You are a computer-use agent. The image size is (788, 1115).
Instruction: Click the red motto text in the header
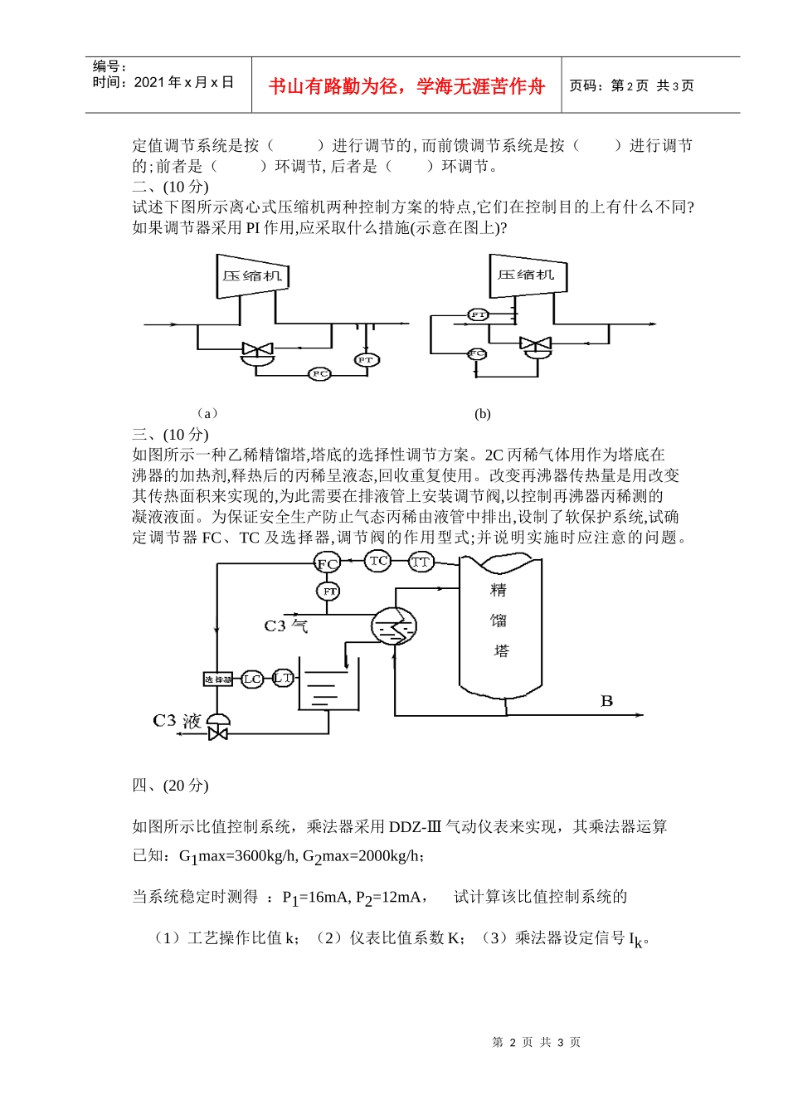(x=406, y=86)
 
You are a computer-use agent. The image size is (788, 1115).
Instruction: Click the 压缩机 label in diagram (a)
(x=252, y=275)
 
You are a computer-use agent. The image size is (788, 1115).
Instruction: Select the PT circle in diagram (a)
(x=366, y=359)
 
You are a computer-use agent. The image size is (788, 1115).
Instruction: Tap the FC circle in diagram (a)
(x=319, y=374)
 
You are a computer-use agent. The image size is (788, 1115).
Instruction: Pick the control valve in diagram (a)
(x=256, y=351)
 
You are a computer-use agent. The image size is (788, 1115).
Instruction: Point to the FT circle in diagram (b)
(x=479, y=315)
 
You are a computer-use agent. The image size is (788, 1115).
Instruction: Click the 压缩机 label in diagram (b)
(x=526, y=275)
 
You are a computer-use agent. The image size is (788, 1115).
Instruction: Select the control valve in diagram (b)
(x=534, y=344)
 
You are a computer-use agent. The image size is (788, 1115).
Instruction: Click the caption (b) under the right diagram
(x=483, y=414)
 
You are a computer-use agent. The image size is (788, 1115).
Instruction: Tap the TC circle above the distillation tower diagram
(x=378, y=561)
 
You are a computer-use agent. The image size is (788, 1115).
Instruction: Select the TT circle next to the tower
(x=421, y=562)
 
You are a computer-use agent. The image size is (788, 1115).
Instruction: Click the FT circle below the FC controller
(x=329, y=592)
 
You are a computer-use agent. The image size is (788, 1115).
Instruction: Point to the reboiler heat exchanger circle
(x=393, y=627)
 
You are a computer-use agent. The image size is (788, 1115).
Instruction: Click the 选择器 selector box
(x=217, y=679)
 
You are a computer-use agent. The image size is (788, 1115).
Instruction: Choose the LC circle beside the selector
(x=252, y=679)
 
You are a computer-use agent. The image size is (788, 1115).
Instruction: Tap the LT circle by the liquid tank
(x=283, y=679)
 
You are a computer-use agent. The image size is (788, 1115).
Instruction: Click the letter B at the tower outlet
(x=606, y=702)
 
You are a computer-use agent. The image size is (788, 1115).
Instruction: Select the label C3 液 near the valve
(x=177, y=720)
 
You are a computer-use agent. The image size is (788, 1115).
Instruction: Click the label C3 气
(x=285, y=626)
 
